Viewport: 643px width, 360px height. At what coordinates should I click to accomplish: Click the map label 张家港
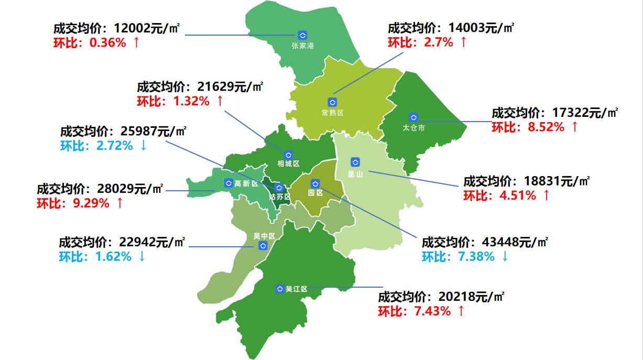pos(302,46)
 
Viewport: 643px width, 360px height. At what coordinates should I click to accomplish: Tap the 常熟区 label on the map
pos(332,113)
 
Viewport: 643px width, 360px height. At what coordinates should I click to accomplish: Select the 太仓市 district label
pos(413,127)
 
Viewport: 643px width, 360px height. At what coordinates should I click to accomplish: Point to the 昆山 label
pos(355,174)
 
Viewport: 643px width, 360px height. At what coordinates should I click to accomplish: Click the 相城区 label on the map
pos(288,164)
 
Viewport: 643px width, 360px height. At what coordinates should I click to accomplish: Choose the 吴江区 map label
pos(296,289)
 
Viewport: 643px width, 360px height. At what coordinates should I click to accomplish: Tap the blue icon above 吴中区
pos(264,246)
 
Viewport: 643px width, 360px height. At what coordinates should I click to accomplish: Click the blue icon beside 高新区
pos(228,183)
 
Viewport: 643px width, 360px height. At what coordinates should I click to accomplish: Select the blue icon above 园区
pos(315,183)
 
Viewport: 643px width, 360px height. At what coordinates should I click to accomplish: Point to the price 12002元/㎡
pos(146,28)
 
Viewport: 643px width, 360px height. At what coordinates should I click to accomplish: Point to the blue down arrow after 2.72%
pos(143,146)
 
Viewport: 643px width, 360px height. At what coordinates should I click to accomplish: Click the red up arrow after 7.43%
pos(461,311)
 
